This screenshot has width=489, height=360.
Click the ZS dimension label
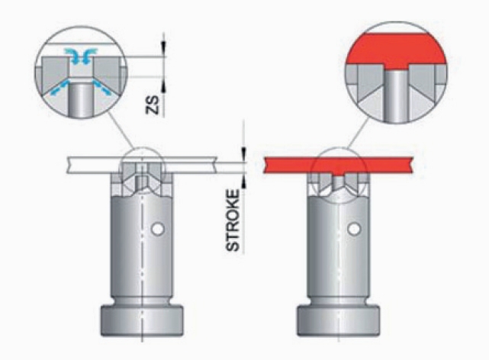(x=153, y=105)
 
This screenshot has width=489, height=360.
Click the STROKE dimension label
(x=233, y=220)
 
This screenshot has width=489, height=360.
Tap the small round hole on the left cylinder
(x=158, y=230)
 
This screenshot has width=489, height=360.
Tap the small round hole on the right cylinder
(x=354, y=229)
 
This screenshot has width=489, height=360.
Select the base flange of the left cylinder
(x=142, y=321)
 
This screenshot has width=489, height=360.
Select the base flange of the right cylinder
(x=339, y=321)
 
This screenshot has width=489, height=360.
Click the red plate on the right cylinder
(x=339, y=166)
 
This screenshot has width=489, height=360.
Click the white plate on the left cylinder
(x=142, y=165)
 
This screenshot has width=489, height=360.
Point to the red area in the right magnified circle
(x=397, y=50)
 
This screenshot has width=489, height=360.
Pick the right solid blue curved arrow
(x=89, y=53)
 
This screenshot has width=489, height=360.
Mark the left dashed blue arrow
(x=59, y=88)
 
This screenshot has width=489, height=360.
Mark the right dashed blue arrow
(x=101, y=87)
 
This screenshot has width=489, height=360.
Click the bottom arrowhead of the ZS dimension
(x=163, y=84)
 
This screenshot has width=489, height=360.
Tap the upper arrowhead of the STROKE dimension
(x=243, y=154)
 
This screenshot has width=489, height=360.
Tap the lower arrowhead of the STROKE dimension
(x=243, y=181)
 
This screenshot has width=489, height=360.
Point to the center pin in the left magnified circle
(x=82, y=99)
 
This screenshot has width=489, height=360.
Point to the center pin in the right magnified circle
(x=396, y=96)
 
